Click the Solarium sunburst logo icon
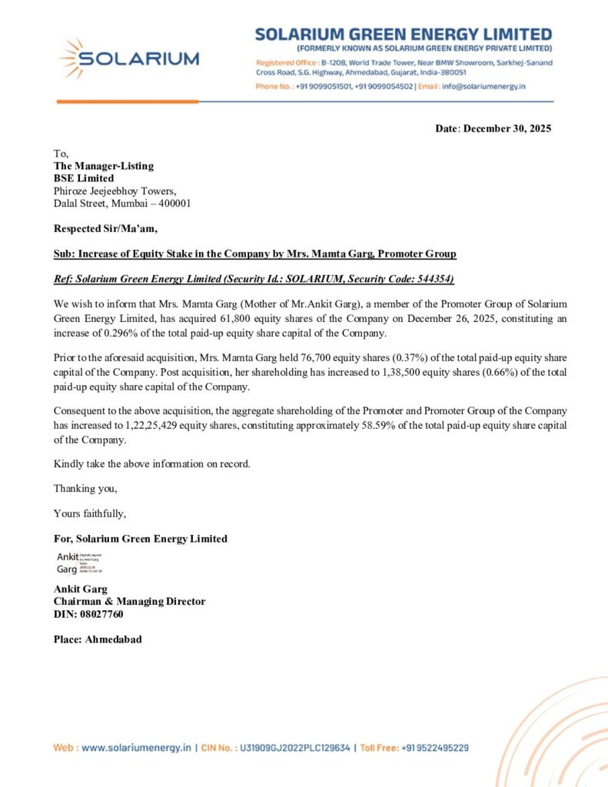click(73, 58)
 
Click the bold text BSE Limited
click(84, 178)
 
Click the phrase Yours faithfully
click(90, 513)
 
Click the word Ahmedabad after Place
click(113, 639)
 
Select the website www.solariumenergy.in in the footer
click(135, 747)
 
